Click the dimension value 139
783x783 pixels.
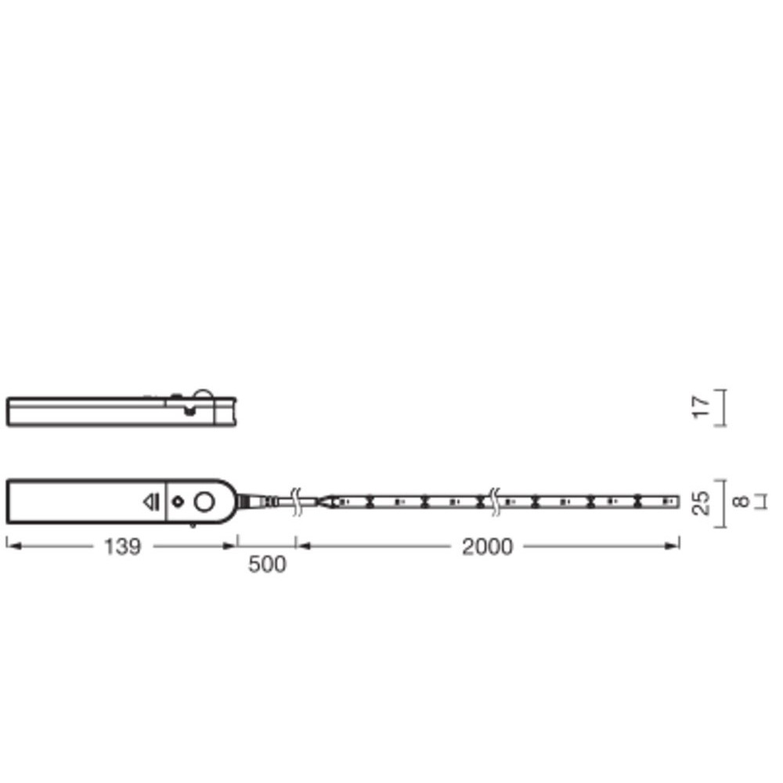point(122,547)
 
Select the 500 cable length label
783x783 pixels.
point(267,565)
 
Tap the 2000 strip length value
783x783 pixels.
point(487,547)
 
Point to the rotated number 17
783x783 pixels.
point(701,407)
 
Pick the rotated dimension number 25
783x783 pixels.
point(701,503)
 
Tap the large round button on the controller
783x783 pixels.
point(204,501)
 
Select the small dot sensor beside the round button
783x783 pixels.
point(178,501)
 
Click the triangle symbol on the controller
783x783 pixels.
point(151,502)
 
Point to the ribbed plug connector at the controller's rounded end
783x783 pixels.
point(257,501)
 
